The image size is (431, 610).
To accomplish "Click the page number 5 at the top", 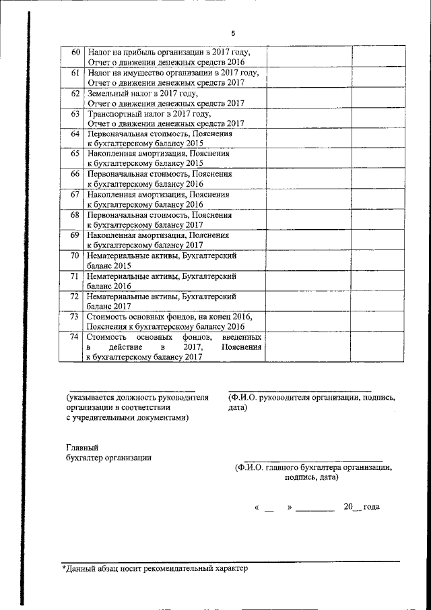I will (233, 33).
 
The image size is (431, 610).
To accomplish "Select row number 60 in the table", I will (75, 52).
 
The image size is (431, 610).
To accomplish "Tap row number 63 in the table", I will (75, 114).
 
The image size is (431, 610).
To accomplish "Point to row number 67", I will (75, 194).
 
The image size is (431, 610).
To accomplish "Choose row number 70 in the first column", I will (75, 255).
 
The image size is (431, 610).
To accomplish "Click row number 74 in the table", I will (75, 336).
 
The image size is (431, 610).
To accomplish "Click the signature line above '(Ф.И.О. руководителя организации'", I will (300, 391).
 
